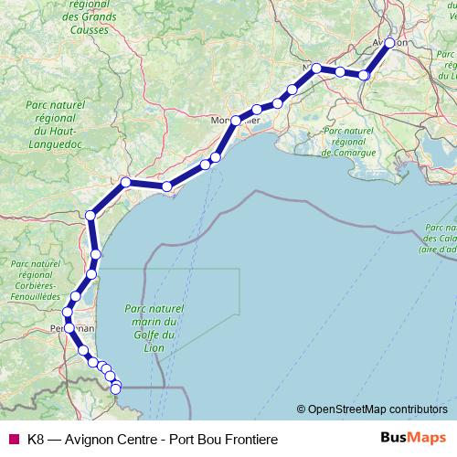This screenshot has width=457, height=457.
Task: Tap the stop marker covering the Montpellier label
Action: pyautogui.click(x=236, y=120)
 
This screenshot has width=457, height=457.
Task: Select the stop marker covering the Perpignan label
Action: pyautogui.click(x=69, y=326)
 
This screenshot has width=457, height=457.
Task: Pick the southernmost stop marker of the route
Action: pyautogui.click(x=116, y=388)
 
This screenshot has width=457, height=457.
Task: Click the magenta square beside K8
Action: pyautogui.click(x=13, y=439)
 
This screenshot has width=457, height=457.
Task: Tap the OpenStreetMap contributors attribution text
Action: pyautogui.click(x=377, y=409)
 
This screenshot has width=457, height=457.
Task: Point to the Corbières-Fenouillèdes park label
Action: pyautogui.click(x=35, y=280)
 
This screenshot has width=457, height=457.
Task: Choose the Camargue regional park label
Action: pyautogui.click(x=349, y=143)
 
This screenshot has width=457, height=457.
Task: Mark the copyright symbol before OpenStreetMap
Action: pyautogui.click(x=301, y=409)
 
